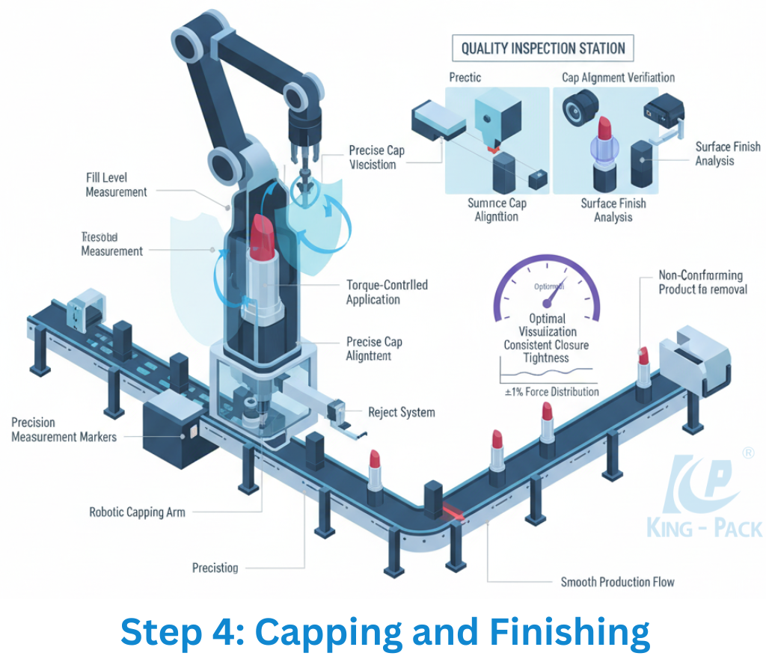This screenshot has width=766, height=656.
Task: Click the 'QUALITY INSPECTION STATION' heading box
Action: point(543,49)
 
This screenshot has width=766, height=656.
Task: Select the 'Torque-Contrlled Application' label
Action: point(387,292)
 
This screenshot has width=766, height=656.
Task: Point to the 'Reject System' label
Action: point(401,412)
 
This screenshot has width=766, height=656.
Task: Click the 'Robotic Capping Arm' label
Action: point(137,512)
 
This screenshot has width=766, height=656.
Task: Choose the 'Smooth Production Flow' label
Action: point(617,581)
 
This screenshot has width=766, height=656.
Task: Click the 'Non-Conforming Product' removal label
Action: point(702,282)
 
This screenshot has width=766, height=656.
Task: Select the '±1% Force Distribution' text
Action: point(551,391)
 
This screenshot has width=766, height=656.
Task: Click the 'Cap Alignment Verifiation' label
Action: point(618,77)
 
